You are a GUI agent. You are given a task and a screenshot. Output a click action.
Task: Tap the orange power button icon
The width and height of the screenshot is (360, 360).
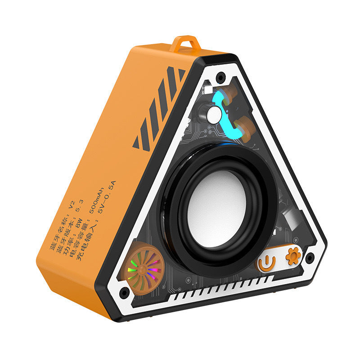[267, 262]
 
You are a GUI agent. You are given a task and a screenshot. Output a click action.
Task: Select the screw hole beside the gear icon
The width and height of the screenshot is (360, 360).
[309, 258]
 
